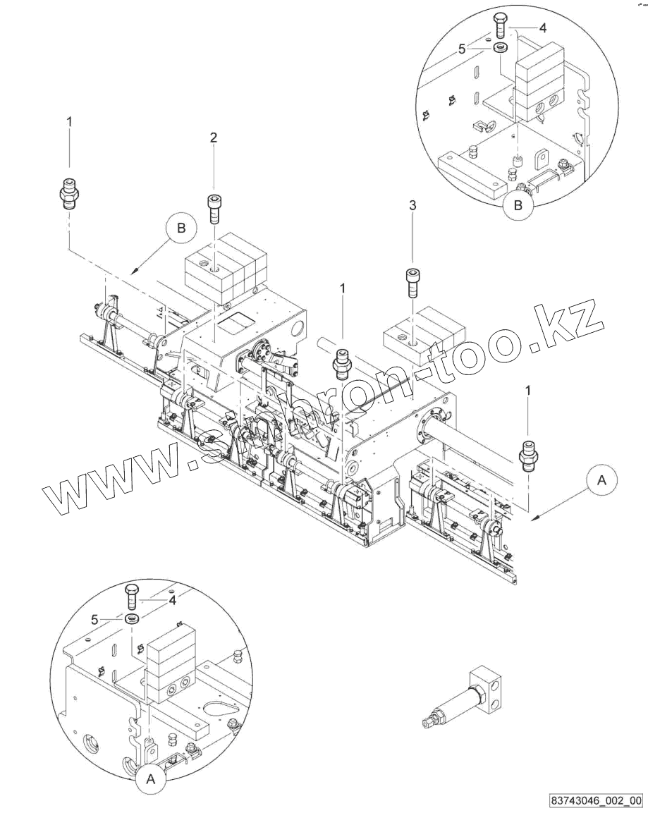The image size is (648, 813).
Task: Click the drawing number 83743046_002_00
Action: click(597, 800)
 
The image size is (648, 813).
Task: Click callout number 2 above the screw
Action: click(213, 137)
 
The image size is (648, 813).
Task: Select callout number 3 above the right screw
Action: click(412, 205)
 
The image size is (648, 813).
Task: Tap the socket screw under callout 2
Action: click(214, 207)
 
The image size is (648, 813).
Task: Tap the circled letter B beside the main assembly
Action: click(181, 228)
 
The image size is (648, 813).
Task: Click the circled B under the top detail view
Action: click(518, 206)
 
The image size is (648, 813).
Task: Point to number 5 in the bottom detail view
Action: click(95, 620)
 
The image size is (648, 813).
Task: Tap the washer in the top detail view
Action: click(501, 47)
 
